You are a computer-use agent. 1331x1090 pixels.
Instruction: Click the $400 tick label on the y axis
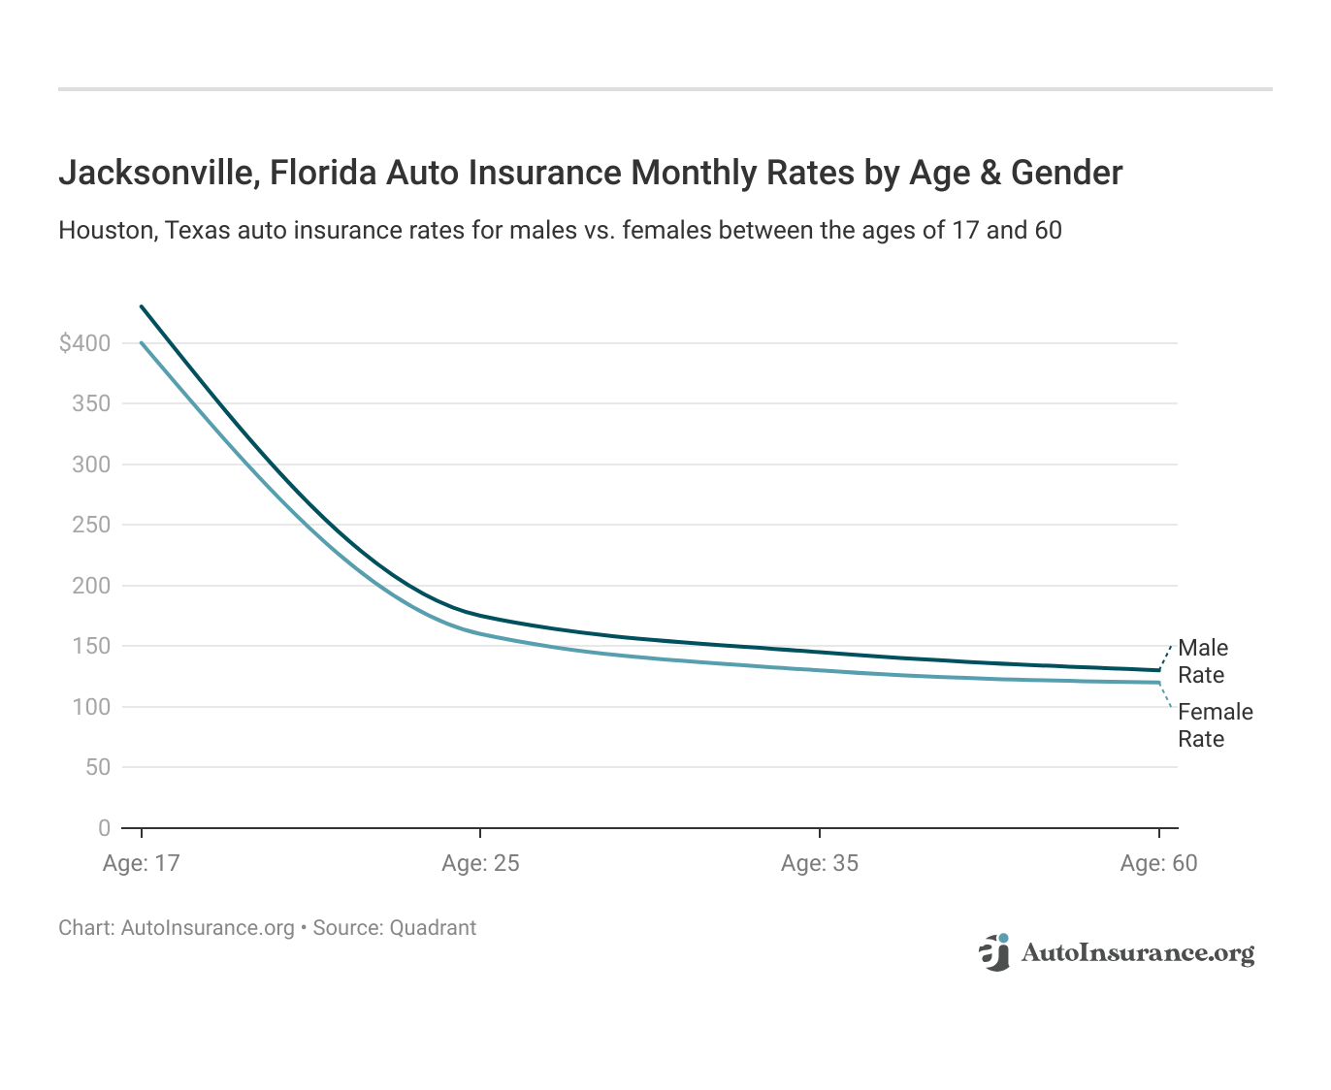[84, 343]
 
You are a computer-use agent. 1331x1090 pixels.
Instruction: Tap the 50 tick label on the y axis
[97, 767]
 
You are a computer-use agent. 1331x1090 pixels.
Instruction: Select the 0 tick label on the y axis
[104, 828]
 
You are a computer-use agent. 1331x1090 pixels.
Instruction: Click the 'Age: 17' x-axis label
[142, 863]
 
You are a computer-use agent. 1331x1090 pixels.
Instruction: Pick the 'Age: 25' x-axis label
[480, 863]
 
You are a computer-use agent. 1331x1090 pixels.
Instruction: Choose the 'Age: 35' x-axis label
[820, 863]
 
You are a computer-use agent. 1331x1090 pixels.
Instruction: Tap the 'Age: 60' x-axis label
[1158, 863]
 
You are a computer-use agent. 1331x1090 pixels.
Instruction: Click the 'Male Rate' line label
[1203, 661]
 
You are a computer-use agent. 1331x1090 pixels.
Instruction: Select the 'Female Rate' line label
[1215, 725]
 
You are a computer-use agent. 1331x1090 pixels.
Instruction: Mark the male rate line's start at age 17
[142, 306]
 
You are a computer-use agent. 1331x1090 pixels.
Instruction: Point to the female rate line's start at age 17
[142, 342]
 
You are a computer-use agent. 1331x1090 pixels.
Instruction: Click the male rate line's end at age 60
[1158, 670]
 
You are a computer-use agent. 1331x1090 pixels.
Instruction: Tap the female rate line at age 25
[480, 633]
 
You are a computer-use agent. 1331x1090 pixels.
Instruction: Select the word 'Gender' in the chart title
[1066, 173]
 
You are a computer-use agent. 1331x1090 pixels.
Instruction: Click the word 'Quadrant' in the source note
[433, 928]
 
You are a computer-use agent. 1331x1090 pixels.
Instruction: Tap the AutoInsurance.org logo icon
[994, 952]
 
